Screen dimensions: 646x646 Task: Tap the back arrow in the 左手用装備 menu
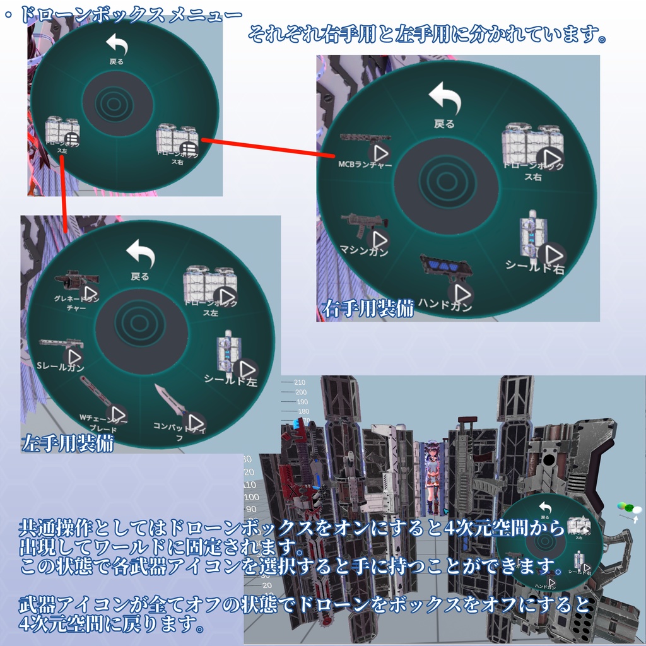click(x=140, y=253)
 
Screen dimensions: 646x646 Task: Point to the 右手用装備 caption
click(x=368, y=309)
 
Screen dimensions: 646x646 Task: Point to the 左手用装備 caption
click(x=68, y=443)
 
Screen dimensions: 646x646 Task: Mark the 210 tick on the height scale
click(x=300, y=382)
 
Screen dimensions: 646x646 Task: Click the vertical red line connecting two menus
click(x=66, y=192)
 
